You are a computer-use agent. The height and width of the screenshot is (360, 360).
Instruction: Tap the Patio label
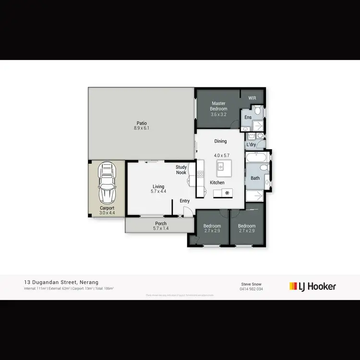[x=141, y=123]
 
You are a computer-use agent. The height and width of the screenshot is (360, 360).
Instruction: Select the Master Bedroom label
[x=218, y=106]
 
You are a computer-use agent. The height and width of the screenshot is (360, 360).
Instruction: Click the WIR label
[x=252, y=98]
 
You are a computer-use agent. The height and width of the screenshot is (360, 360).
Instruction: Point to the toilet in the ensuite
[x=258, y=112]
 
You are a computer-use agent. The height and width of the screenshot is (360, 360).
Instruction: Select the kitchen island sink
[x=220, y=167]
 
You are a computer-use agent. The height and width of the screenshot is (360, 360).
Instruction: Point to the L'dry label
[x=251, y=144]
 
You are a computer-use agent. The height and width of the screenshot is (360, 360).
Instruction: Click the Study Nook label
[x=181, y=170]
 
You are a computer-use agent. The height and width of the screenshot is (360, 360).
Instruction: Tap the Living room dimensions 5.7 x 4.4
[x=158, y=192]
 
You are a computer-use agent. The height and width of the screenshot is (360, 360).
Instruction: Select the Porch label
[x=161, y=223]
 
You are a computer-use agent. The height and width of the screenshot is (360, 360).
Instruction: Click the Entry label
[x=185, y=201]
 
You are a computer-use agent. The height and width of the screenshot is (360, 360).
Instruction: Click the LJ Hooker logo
[x=312, y=287]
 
